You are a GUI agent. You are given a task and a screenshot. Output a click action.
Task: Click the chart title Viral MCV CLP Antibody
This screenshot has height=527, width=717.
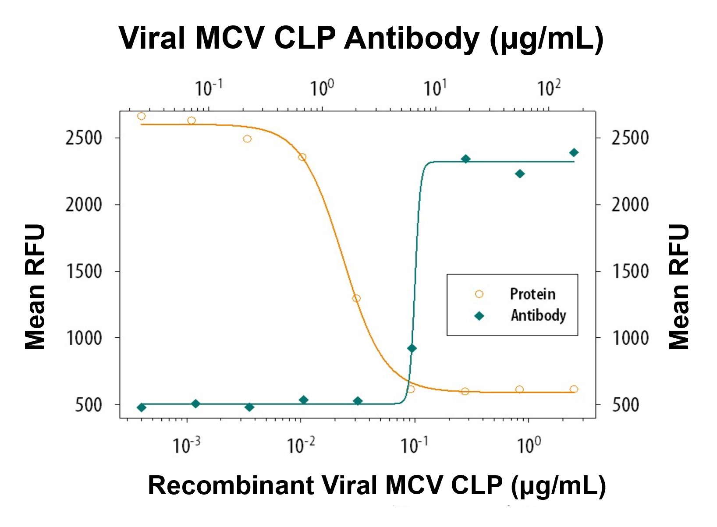(361, 39)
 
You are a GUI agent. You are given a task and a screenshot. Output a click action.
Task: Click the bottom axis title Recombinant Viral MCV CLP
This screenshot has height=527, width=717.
(377, 485)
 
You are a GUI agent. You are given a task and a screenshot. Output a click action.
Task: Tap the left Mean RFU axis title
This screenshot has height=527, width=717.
(35, 287)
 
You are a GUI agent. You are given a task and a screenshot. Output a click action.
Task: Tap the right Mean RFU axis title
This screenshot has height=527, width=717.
(679, 287)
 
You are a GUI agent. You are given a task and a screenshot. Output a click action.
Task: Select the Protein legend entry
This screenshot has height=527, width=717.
(532, 294)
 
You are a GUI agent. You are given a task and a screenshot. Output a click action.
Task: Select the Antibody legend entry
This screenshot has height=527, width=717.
(538, 315)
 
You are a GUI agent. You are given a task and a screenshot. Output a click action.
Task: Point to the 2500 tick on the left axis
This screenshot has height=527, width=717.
(84, 138)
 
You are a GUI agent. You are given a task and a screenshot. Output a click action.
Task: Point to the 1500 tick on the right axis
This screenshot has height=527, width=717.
(630, 271)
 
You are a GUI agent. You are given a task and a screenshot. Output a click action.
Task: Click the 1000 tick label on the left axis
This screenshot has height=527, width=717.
(84, 338)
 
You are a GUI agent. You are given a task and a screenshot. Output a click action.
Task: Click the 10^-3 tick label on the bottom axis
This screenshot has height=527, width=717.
(186, 446)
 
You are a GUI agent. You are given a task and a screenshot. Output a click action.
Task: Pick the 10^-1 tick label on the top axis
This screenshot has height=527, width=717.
(209, 88)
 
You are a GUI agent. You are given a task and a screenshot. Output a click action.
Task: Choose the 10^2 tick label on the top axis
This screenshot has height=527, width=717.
(549, 88)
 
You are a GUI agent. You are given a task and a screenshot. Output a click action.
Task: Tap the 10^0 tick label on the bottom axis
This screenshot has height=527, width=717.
(529, 446)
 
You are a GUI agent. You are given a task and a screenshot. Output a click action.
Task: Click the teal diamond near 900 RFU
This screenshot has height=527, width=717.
(412, 348)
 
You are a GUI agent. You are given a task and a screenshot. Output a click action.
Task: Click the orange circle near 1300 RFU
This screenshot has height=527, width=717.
(356, 298)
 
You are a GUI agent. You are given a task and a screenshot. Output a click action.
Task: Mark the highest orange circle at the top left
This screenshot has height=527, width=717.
(141, 116)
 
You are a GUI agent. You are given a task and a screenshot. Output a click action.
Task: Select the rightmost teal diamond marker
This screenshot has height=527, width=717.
(574, 152)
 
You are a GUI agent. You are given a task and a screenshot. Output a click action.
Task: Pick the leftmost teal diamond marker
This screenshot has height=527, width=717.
(141, 407)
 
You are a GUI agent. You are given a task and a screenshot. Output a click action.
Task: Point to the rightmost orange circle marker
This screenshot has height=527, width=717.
(574, 389)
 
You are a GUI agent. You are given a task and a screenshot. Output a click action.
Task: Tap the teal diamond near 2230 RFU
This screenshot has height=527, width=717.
(520, 174)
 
